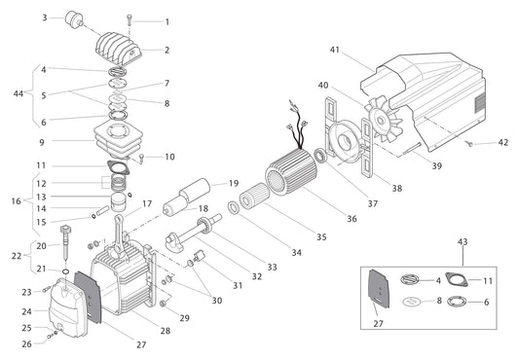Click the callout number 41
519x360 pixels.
335,49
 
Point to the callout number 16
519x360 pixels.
15,200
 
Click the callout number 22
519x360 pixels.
15,256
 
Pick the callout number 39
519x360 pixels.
437,167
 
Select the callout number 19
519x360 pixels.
234,183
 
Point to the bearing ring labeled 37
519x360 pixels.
319,157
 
